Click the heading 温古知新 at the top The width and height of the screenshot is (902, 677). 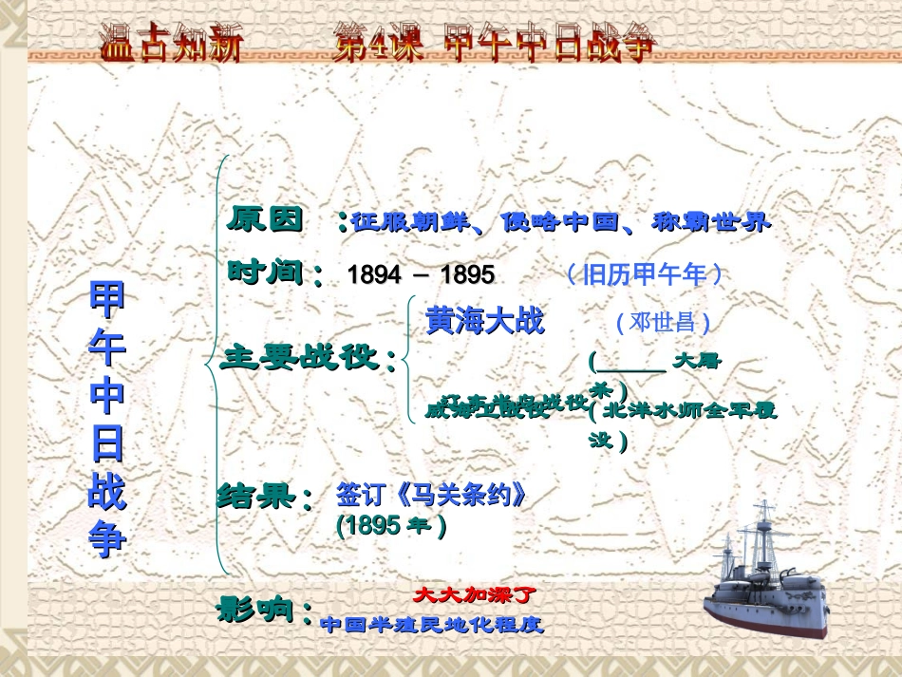click(171, 43)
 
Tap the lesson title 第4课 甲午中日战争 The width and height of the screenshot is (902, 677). click(494, 43)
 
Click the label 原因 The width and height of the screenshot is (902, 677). click(267, 219)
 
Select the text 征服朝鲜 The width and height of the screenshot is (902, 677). click(410, 223)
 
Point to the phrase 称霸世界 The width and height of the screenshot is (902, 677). click(712, 223)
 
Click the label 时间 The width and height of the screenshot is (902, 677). click(270, 273)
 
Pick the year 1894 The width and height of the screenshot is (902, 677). click(375, 275)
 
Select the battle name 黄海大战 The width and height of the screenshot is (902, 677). click(485, 321)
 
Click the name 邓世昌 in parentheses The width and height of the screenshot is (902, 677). click(664, 322)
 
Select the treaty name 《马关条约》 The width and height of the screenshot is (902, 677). click(431, 496)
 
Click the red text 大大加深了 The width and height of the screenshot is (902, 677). click(475, 595)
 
